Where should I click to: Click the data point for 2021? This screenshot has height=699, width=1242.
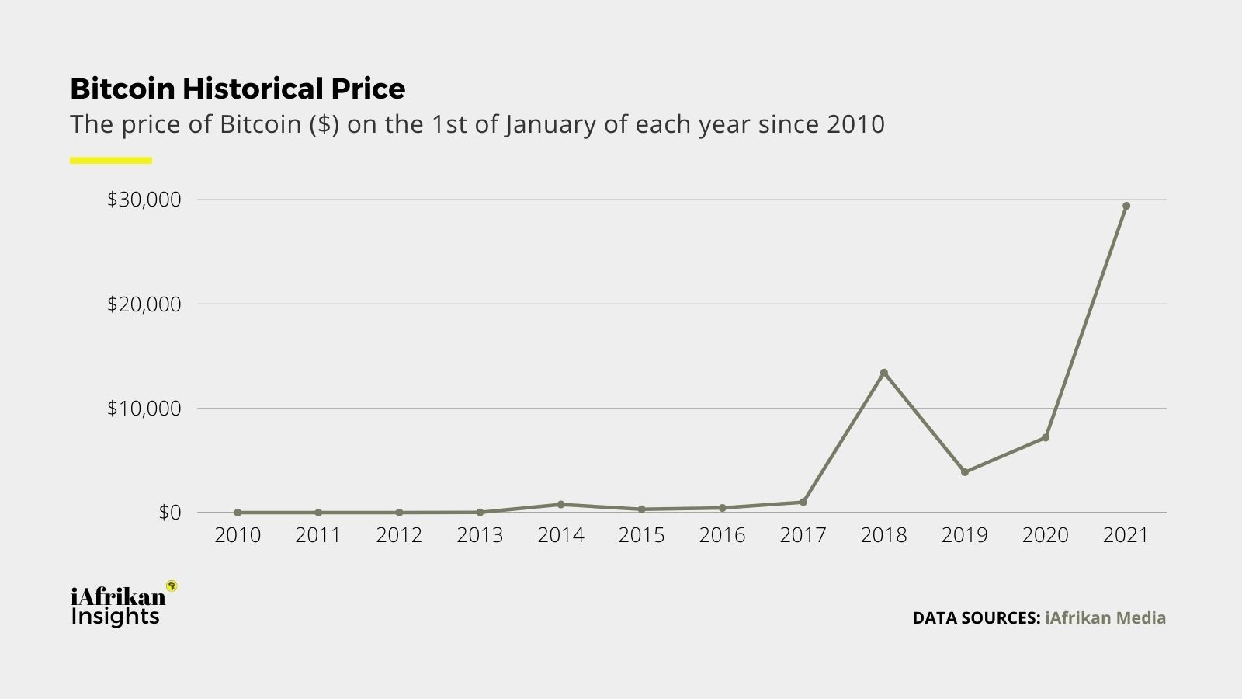[1126, 206]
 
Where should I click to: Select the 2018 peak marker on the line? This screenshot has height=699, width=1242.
[883, 373]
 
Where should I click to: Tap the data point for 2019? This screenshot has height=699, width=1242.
[964, 472]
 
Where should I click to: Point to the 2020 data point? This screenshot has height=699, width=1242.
[1045, 438]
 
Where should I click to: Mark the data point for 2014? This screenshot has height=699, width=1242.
[560, 504]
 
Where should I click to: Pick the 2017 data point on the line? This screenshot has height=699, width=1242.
[803, 502]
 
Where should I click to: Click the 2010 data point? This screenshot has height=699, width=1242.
[238, 513]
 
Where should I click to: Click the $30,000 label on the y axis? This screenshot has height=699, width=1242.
[144, 200]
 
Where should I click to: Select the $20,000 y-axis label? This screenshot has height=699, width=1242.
[144, 304]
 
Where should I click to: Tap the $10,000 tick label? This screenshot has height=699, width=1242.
[144, 408]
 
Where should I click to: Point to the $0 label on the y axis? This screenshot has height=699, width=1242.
[169, 513]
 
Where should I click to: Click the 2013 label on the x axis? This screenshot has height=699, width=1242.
[480, 535]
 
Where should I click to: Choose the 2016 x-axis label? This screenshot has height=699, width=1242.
[722, 535]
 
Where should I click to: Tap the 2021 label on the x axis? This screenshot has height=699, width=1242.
[1126, 535]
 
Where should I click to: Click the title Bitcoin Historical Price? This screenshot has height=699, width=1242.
[238, 89]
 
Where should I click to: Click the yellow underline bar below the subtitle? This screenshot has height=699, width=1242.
[111, 161]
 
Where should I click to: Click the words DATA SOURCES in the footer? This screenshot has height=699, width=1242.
[976, 618]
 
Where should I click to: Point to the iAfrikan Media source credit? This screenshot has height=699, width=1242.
[1105, 618]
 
